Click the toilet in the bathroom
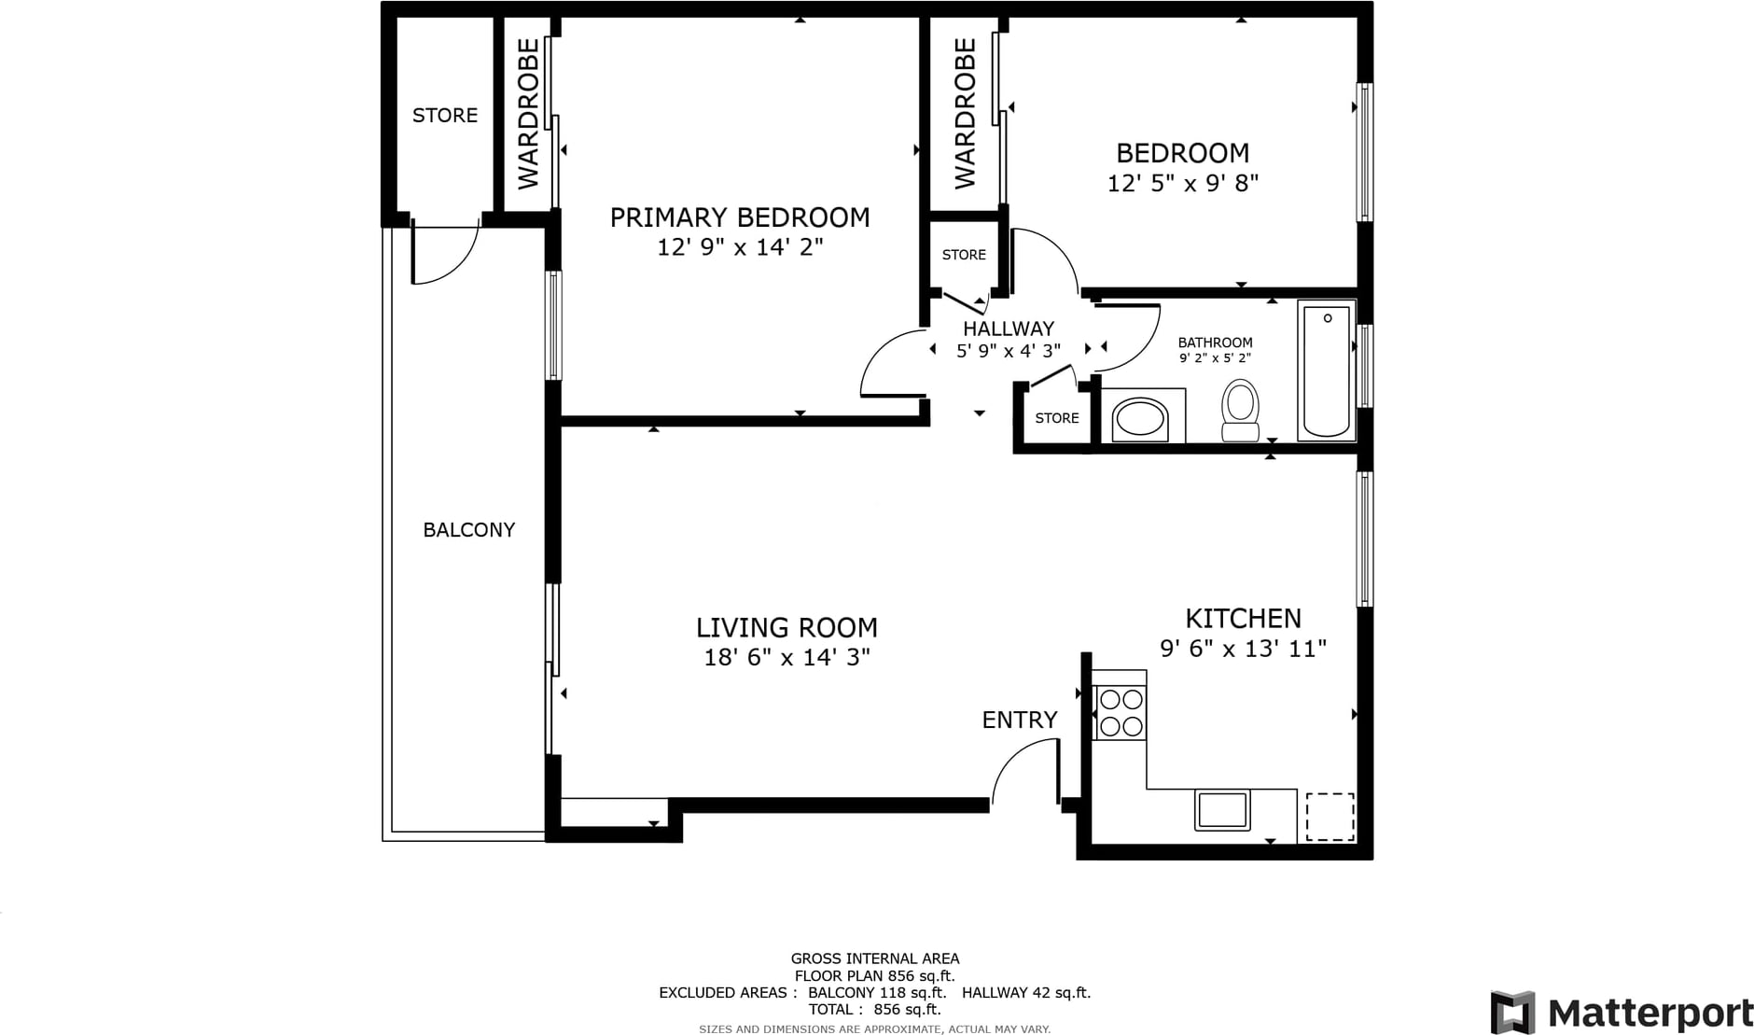point(1240,410)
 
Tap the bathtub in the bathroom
point(1326,370)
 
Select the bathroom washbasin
point(1140,418)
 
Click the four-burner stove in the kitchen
point(1121,712)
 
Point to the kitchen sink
point(1222,809)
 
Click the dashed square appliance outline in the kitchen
point(1329,817)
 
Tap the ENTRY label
point(1020,720)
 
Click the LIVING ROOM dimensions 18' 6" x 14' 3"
point(787,658)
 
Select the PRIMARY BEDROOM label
point(740,217)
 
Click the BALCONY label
point(468,530)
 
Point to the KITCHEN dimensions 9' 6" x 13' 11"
point(1243,649)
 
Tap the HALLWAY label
point(1009,329)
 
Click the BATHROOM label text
point(1215,343)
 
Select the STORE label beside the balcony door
point(445,116)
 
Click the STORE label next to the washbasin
point(1057,418)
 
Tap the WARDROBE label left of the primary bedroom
point(528,113)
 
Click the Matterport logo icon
point(1512,1013)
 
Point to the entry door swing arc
point(1017,758)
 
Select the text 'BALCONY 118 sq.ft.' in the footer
point(877,993)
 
